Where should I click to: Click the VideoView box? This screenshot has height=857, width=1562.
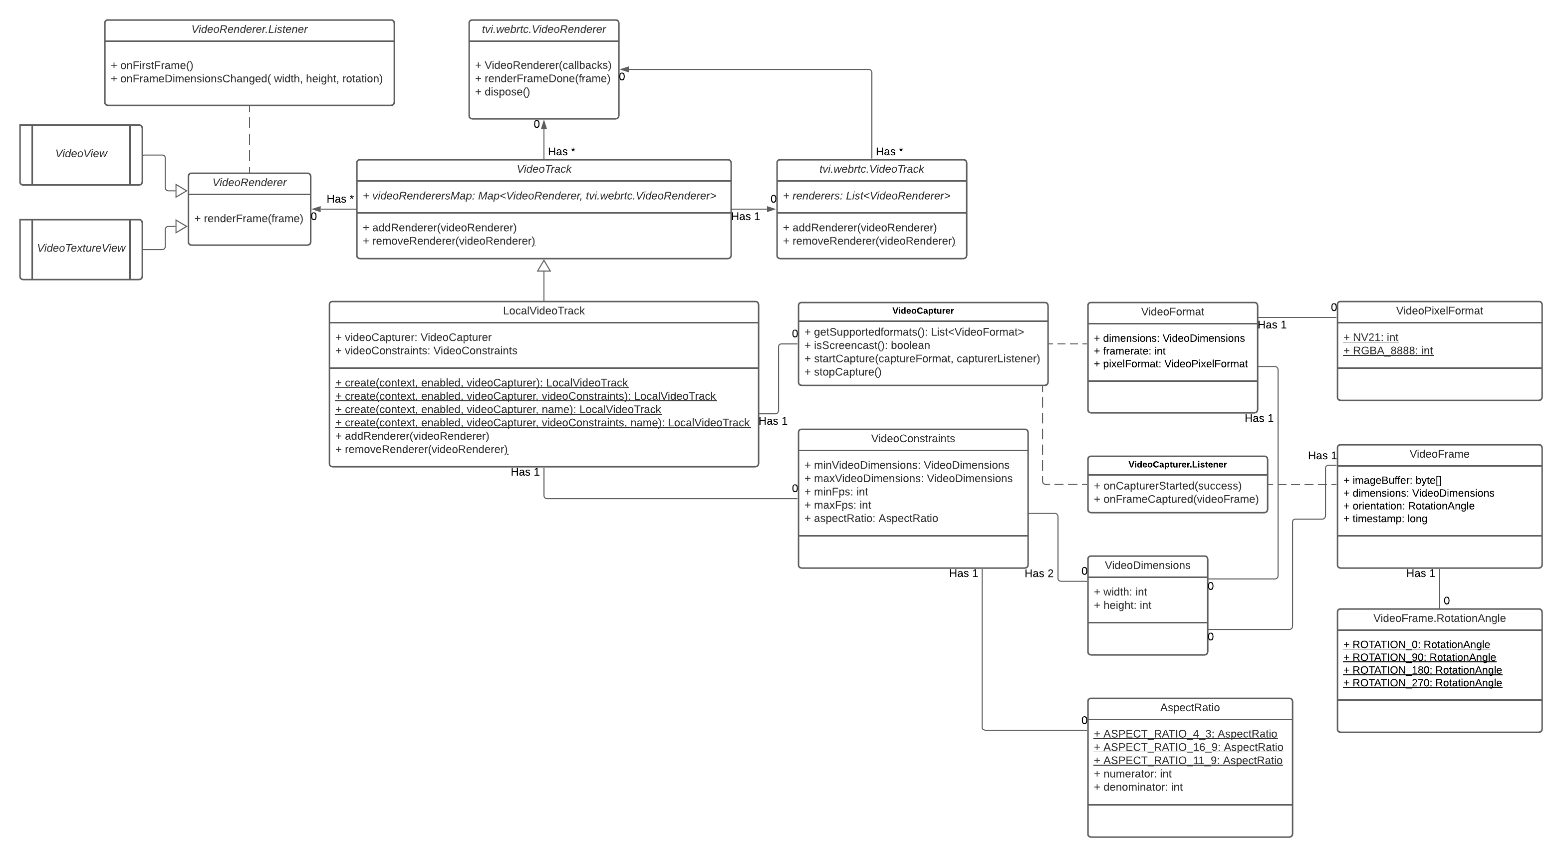coord(81,154)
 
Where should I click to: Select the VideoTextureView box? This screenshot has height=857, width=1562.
coord(81,248)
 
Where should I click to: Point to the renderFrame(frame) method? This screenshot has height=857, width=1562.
coord(249,219)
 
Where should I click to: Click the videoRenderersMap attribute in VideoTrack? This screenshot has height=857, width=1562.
coord(539,196)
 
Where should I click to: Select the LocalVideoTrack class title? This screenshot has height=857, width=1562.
coord(543,311)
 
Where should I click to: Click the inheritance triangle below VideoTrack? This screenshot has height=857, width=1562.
coord(544,266)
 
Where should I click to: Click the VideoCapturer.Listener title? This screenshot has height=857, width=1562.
coord(1177,465)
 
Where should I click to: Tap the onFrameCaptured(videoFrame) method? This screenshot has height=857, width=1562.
coord(1176,500)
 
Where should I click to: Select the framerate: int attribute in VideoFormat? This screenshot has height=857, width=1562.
coord(1130,351)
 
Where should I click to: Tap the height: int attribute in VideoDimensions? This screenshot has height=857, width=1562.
coord(1122,605)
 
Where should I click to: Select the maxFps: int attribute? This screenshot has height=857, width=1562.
coord(837,505)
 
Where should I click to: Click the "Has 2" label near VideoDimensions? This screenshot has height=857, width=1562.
coord(1039,574)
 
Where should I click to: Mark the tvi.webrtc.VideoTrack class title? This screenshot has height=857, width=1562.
coord(871,170)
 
